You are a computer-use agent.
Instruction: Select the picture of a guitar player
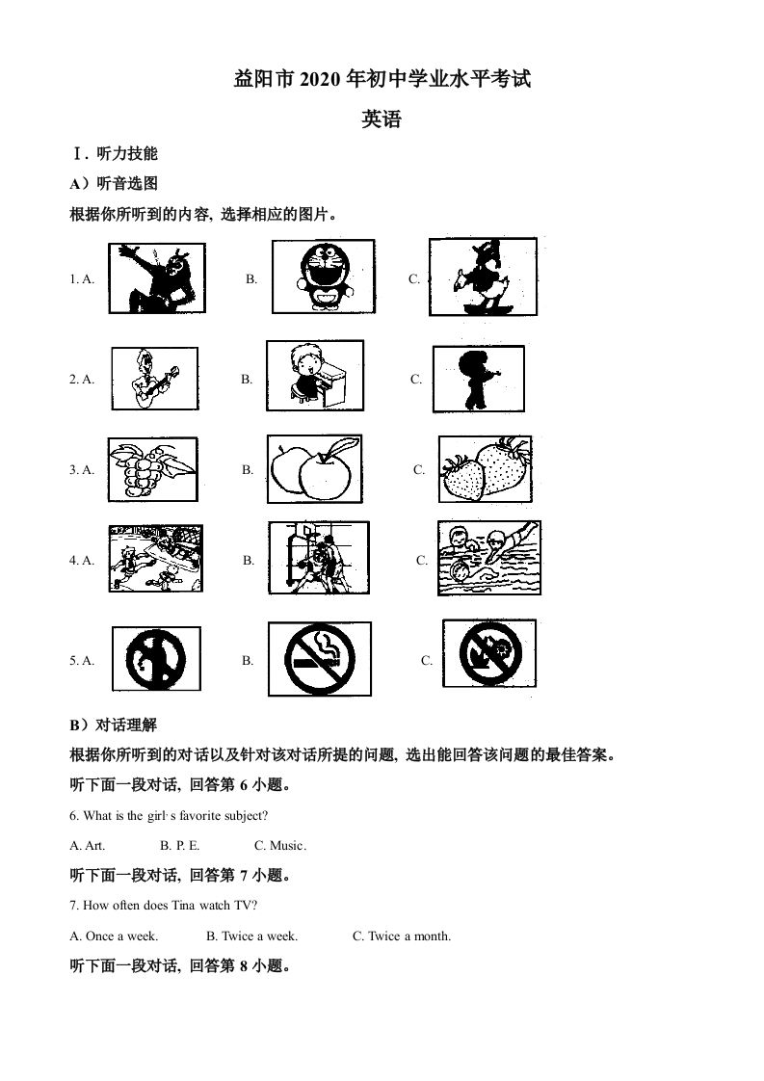(154, 379)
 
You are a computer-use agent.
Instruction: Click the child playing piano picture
(314, 377)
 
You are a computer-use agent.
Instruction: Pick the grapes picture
(151, 468)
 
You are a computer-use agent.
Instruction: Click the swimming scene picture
(488, 559)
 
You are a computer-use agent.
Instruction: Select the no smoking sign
(318, 659)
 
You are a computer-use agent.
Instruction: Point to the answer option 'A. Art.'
(88, 845)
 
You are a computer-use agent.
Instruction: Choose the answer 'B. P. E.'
(180, 845)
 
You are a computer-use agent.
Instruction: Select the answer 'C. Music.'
(280, 845)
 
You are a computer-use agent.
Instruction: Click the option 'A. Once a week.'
(115, 936)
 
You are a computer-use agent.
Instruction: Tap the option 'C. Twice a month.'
(402, 936)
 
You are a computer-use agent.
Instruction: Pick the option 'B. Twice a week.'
(252, 936)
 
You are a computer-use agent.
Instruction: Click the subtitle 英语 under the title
(382, 119)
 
